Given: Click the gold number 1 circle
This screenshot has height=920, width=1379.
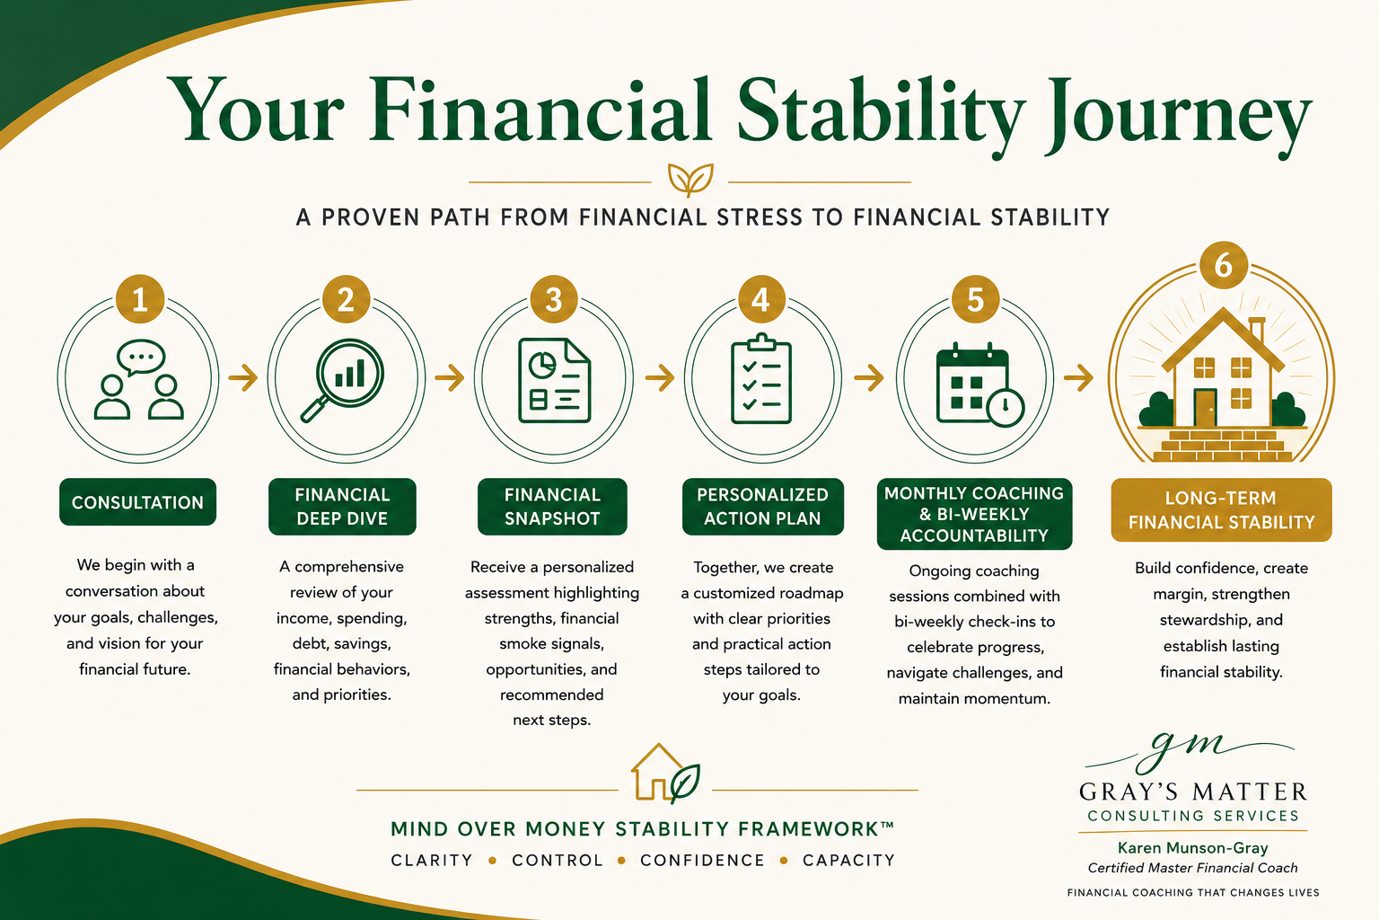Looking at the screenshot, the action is point(140,299).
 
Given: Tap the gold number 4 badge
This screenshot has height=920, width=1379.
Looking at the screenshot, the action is point(761,299).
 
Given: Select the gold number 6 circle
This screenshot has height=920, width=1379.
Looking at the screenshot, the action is point(1224,266).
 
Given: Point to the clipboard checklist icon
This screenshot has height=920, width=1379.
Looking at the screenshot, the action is point(761,378).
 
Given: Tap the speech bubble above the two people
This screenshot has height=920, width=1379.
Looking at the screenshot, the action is point(141,358).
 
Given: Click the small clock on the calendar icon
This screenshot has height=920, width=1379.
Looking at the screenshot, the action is point(1006,407).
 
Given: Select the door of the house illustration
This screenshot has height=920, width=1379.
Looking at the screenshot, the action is point(1205,407).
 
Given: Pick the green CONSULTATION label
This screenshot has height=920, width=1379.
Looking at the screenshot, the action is point(138,502).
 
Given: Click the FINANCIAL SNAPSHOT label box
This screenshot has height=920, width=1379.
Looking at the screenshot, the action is point(552,507).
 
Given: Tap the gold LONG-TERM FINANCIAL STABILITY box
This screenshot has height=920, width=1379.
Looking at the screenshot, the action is point(1221,510).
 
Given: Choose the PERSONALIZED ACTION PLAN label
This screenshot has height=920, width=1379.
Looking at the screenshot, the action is point(763,507).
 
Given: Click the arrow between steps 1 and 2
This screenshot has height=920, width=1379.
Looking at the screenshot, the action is point(243,377).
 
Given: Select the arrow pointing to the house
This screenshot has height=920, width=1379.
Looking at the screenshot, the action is point(1078,377).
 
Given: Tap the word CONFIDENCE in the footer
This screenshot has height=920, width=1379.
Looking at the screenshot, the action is point(702,860).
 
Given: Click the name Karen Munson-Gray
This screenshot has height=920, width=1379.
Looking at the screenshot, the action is point(1193,848).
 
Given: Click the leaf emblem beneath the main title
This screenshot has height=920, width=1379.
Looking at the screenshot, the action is point(690,180).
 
